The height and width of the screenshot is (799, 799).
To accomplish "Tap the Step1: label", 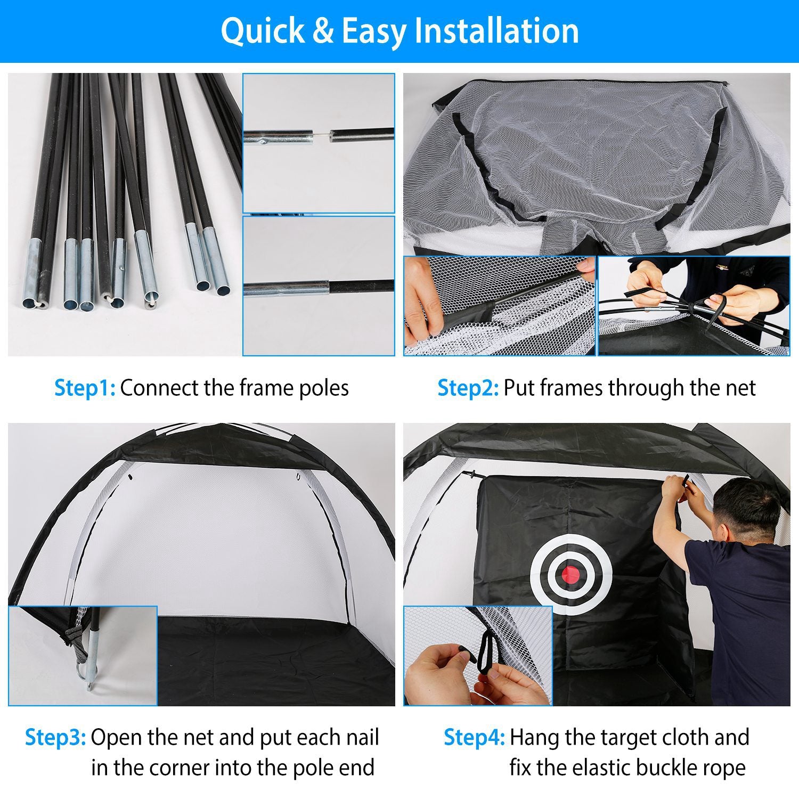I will point(85,388).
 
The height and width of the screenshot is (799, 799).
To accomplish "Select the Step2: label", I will point(468,388).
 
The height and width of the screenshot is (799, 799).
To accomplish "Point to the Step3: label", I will point(55,738).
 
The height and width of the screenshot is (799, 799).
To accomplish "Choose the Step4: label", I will point(474,738).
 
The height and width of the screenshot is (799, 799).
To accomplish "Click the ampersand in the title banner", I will point(323,31).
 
